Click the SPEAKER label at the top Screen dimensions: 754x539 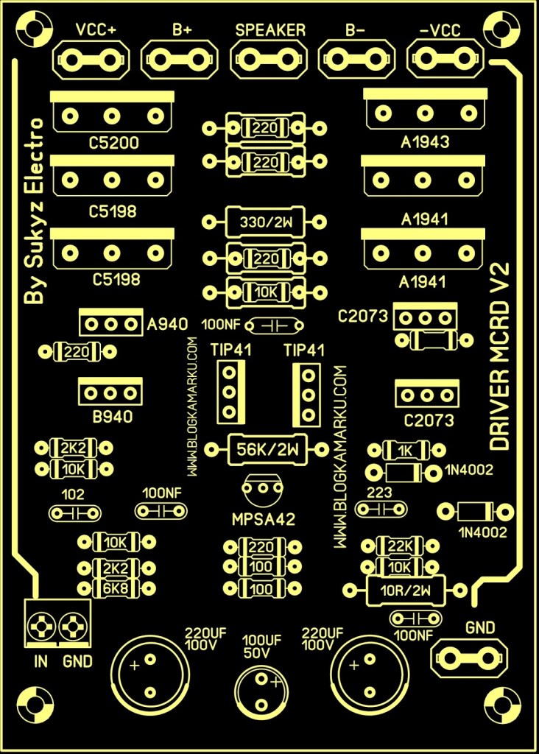pyautogui.click(x=270, y=30)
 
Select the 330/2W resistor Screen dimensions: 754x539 pyautogui.click(x=264, y=221)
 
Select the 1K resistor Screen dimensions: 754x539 pyautogui.click(x=404, y=449)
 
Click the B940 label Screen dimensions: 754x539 pyautogui.click(x=113, y=417)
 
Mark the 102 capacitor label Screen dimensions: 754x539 pyautogui.click(x=74, y=494)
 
